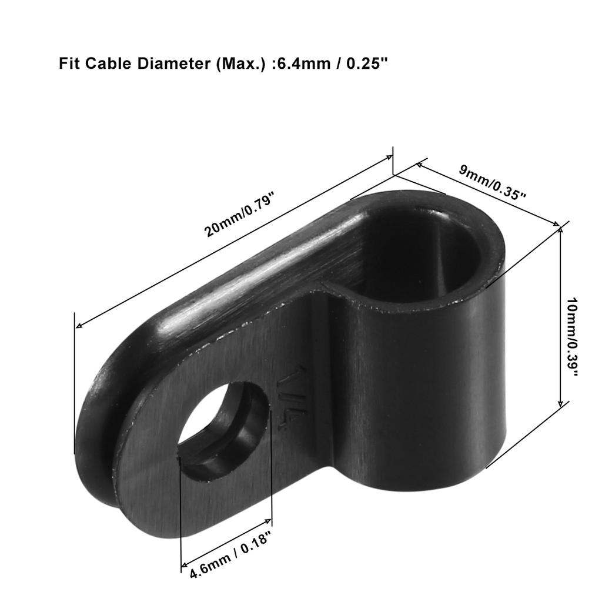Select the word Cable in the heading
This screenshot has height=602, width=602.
pyautogui.click(x=104, y=63)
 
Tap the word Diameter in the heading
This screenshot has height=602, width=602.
pyautogui.click(x=164, y=63)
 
